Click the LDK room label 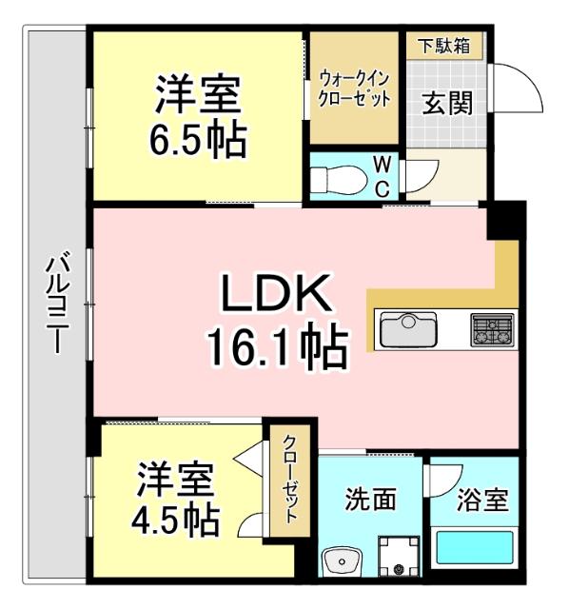(x=275, y=295)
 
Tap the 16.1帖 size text (x=275, y=348)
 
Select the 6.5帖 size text (x=198, y=141)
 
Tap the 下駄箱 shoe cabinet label (x=445, y=46)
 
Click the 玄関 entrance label (x=446, y=102)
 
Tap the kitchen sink (x=408, y=330)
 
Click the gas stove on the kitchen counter (x=491, y=330)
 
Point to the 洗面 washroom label (x=370, y=499)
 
